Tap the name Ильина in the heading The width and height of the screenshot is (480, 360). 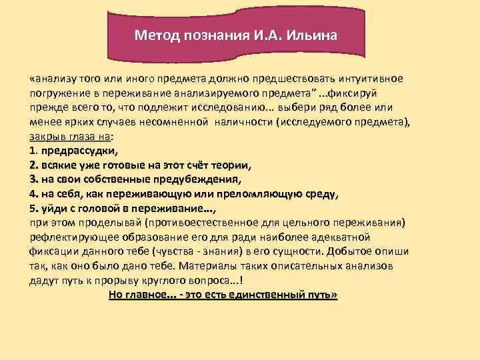point(314,34)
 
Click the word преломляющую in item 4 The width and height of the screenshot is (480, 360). point(260,194)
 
